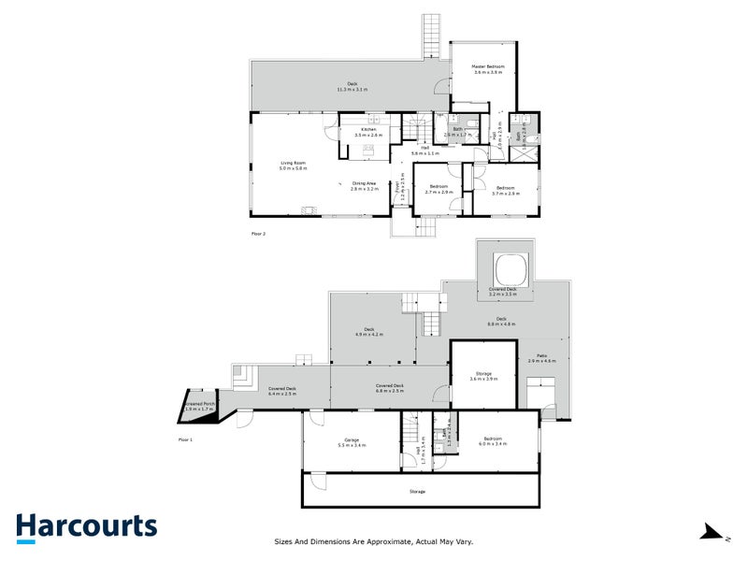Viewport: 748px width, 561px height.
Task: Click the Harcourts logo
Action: (x=85, y=526)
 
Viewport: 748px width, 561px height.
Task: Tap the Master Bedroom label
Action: (x=487, y=69)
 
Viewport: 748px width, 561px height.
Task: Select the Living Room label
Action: (x=294, y=165)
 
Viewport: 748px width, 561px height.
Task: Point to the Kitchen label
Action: (x=368, y=132)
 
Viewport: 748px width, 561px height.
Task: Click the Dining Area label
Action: (x=364, y=185)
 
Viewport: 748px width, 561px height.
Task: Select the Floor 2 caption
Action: (x=259, y=233)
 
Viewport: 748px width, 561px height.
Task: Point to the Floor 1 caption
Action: (x=184, y=439)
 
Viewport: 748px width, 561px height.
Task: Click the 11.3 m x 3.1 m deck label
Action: (x=352, y=87)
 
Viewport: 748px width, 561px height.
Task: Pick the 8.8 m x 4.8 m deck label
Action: (x=502, y=321)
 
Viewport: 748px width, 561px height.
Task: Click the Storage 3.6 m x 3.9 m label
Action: (x=483, y=376)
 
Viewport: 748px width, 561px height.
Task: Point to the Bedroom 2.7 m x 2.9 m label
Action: (x=437, y=189)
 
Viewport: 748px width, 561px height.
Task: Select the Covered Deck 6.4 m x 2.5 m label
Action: (x=282, y=391)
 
